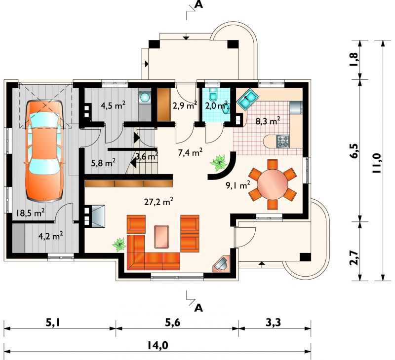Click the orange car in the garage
click(x=44, y=151)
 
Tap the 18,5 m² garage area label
click(x=30, y=213)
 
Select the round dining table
click(x=273, y=184)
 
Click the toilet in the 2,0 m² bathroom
click(x=214, y=94)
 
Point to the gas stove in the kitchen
click(x=283, y=141)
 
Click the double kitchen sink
click(x=247, y=100)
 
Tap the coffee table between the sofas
click(x=162, y=237)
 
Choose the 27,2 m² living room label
click(x=158, y=201)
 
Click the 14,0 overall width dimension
click(x=158, y=346)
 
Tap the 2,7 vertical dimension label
click(x=354, y=257)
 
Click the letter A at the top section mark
click(x=199, y=5)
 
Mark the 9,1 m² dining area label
click(x=238, y=185)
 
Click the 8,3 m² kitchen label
click(x=268, y=121)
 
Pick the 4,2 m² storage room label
click(x=51, y=236)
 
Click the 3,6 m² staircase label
click(x=147, y=156)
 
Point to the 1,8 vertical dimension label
click(x=354, y=60)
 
